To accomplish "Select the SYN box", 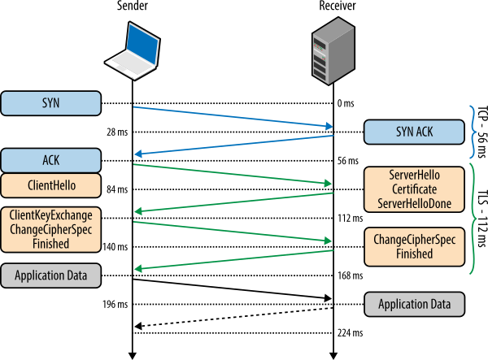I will coord(50,103).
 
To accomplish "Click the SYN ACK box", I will coord(414,132).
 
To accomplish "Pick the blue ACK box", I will coord(50,160).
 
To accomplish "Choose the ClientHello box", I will coord(50,185).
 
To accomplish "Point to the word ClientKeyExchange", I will coord(50,215).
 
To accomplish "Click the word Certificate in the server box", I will coord(414,189).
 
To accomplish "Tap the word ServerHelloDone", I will coord(414,203).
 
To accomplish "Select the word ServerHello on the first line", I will coord(414,176).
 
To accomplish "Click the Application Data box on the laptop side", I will coord(50,275).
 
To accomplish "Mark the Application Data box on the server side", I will coord(414,305).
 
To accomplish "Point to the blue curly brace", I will coord(474,131).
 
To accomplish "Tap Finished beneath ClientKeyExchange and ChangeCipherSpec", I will coord(50,243).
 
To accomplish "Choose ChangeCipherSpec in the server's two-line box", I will coord(414,240).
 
